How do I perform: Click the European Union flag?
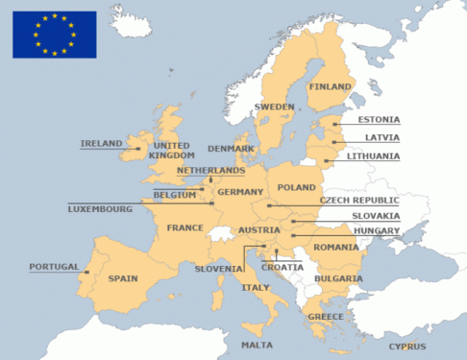(x=54, y=34)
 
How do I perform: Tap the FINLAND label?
(x=331, y=85)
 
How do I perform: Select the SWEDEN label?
(x=274, y=107)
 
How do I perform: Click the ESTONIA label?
(x=379, y=120)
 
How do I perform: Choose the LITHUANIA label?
(x=374, y=156)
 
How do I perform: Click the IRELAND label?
(x=101, y=144)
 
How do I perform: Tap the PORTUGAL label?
(x=54, y=267)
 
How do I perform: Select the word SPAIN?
(x=123, y=278)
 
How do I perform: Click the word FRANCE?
(x=184, y=228)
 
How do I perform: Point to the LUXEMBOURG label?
(x=99, y=208)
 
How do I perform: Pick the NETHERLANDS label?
(x=210, y=170)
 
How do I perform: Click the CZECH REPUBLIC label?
(x=359, y=201)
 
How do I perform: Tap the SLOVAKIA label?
(x=376, y=216)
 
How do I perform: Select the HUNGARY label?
(x=377, y=231)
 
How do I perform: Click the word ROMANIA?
(x=334, y=248)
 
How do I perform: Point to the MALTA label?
(x=257, y=345)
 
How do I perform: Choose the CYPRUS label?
(x=407, y=347)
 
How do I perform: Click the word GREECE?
(x=324, y=317)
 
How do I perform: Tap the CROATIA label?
(x=282, y=268)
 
